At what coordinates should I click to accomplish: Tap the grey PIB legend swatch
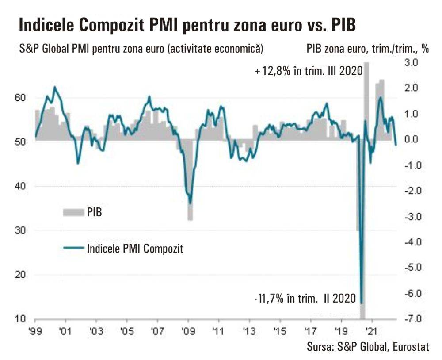click(x=73, y=213)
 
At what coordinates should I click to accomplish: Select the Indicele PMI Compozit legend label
click(x=135, y=248)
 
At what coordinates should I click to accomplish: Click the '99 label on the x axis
click(x=35, y=331)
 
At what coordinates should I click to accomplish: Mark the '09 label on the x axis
click(x=188, y=331)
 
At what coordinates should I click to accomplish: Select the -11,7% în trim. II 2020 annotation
click(x=305, y=299)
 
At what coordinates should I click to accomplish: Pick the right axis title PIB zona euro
click(x=367, y=49)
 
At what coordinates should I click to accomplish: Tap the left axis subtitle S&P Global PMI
click(x=141, y=49)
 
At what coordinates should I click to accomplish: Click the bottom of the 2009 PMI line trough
click(x=191, y=203)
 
